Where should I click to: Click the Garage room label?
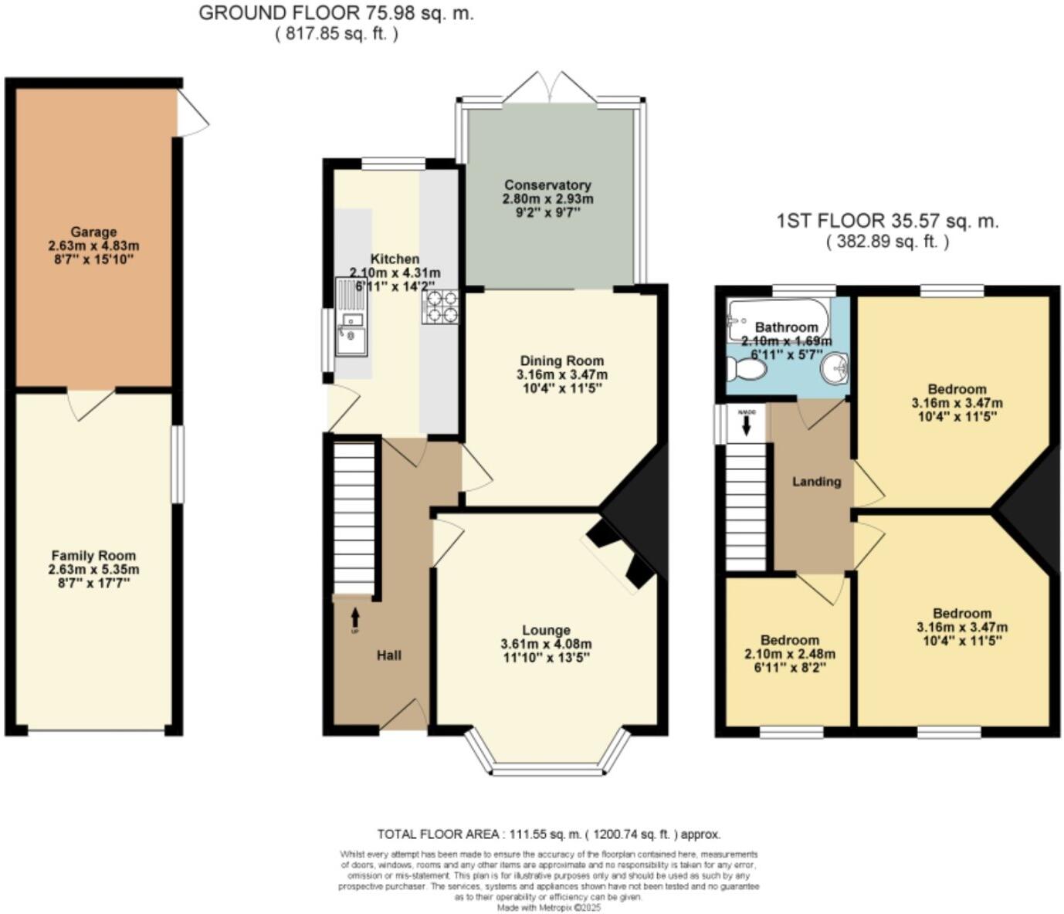93,232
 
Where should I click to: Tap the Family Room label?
93,555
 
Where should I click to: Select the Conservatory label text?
547,185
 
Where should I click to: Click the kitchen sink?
351,328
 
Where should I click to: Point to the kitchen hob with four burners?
440,306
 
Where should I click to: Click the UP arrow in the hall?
355,617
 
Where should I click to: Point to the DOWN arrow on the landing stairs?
747,425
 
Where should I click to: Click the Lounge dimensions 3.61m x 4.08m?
546,644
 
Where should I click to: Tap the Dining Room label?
561,361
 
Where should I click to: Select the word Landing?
816,482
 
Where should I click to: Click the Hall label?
389,655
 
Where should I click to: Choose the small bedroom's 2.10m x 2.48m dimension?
789,654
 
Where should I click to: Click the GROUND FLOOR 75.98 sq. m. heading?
336,13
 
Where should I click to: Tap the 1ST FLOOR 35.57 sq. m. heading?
887,222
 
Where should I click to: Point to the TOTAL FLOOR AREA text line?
548,834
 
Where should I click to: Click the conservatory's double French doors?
548,87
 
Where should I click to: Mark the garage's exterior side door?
192,113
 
